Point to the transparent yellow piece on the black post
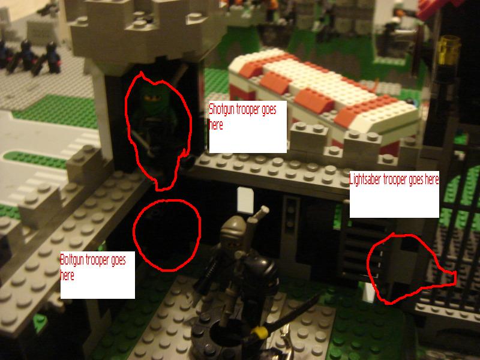(x=449, y=50)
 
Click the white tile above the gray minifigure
(x=245, y=200)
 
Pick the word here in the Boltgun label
(x=67, y=275)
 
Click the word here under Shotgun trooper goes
(x=216, y=125)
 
